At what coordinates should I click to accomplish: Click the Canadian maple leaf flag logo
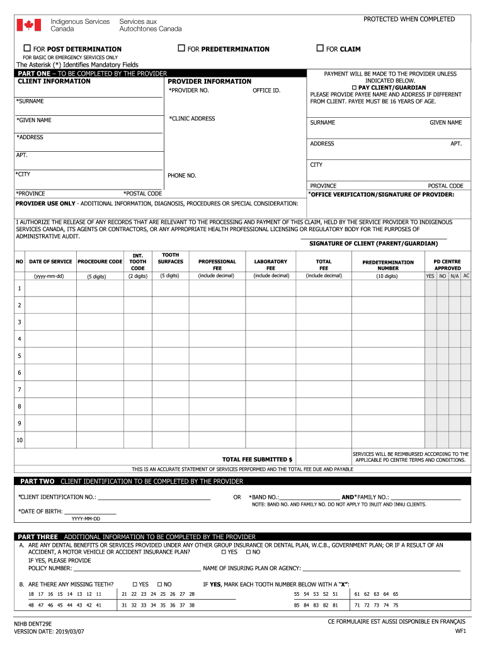[28, 25]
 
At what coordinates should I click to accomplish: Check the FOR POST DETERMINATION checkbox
[27, 49]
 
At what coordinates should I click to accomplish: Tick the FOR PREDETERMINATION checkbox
[181, 49]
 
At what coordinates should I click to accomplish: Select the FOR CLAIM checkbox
[320, 49]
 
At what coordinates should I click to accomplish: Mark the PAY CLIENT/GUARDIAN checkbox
[355, 88]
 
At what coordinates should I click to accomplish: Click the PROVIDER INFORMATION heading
[209, 81]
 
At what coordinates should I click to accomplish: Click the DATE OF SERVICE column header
[50, 261]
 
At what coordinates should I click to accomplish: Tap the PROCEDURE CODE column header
[100, 261]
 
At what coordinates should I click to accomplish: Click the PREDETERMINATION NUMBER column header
[387, 265]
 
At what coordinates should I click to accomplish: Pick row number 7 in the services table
[20, 390]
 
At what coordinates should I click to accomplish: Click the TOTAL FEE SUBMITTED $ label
[257, 459]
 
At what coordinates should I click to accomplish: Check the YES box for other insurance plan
[224, 552]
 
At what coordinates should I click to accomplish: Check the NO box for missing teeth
[159, 584]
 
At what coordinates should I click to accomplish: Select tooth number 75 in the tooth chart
[396, 605]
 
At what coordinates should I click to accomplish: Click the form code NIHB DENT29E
[33, 623]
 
